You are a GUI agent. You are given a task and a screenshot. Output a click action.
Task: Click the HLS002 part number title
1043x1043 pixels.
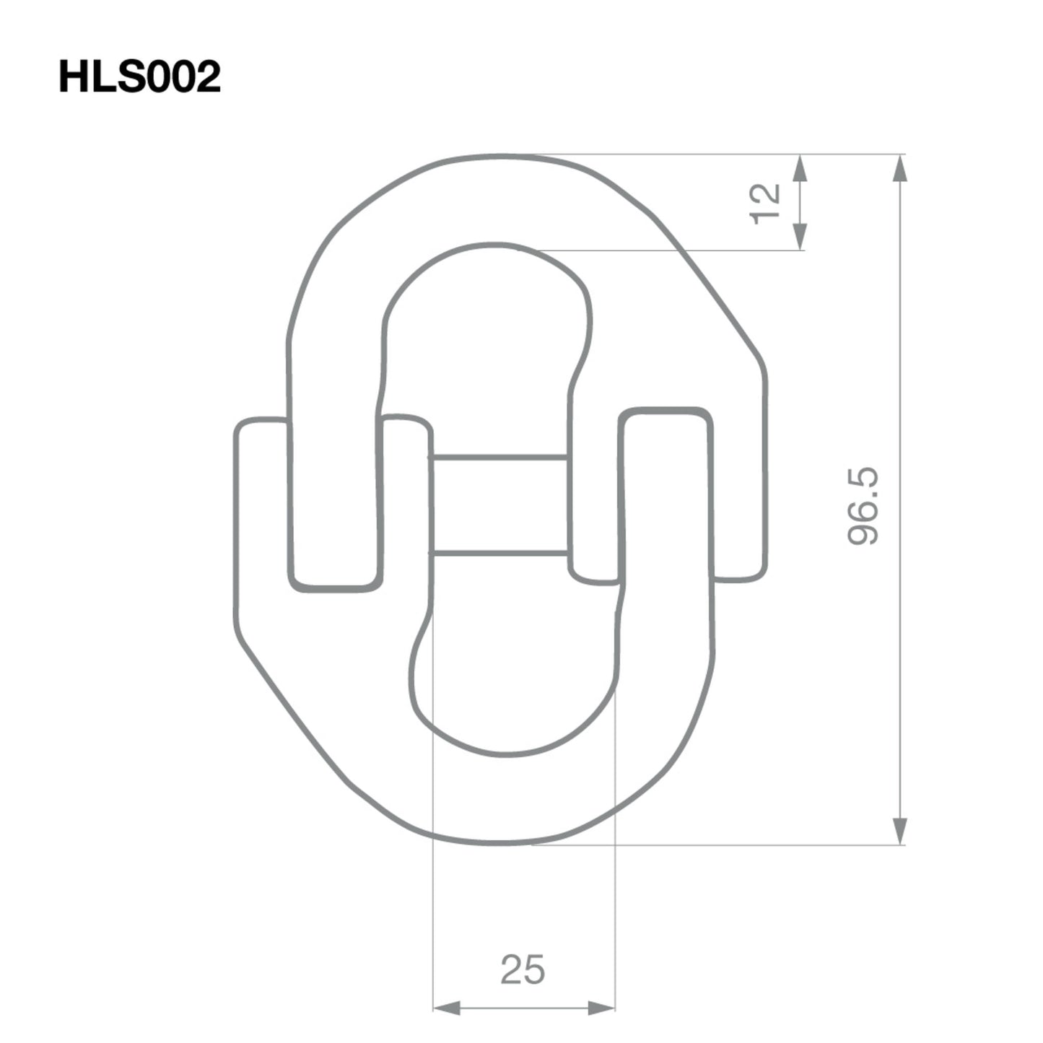tap(139, 77)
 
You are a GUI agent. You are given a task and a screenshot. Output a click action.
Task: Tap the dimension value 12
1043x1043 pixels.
tap(766, 204)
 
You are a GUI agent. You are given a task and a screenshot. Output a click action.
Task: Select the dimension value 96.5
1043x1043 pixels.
tap(864, 505)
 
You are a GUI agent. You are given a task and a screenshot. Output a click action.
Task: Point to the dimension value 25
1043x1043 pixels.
tap(523, 969)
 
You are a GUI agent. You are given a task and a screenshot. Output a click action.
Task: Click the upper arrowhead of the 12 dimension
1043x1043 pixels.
tap(799, 169)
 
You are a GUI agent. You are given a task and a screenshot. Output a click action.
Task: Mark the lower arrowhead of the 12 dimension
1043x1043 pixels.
tap(799, 237)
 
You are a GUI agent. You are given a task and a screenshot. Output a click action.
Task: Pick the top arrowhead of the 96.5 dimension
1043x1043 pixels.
tap(899, 169)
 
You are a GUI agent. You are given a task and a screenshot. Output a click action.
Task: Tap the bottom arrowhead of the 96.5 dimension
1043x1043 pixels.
tap(899, 830)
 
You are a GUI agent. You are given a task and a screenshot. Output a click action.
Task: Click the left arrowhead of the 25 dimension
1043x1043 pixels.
tap(446, 1008)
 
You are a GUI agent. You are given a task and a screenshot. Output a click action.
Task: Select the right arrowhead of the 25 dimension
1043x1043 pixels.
tap(601, 1008)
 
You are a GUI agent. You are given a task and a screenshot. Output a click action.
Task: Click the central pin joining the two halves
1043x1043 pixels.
tap(499, 505)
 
